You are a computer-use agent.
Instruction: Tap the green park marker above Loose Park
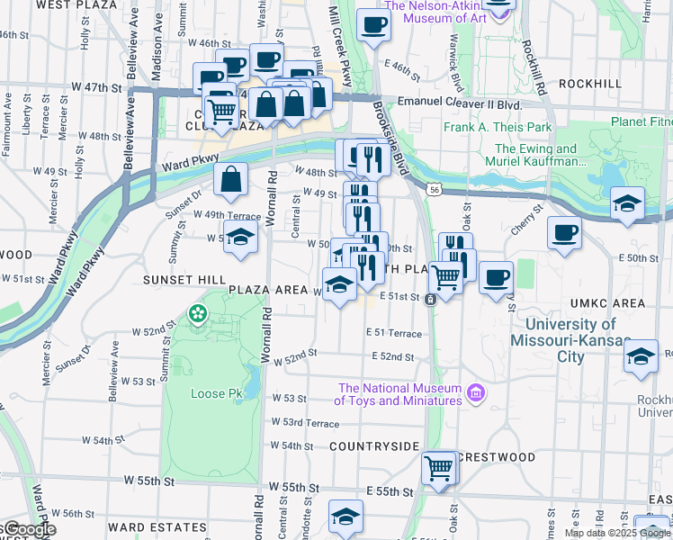point(197,315)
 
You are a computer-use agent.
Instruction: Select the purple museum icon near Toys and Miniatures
point(476,394)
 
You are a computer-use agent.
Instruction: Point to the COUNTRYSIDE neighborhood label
point(374,446)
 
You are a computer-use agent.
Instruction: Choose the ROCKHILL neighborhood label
point(589,83)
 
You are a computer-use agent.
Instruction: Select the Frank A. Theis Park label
point(498,127)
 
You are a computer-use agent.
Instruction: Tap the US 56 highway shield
point(435,190)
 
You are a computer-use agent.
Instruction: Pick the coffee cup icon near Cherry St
point(565,232)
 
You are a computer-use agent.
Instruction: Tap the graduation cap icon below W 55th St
point(345,516)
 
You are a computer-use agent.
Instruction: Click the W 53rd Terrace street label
point(306,422)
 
